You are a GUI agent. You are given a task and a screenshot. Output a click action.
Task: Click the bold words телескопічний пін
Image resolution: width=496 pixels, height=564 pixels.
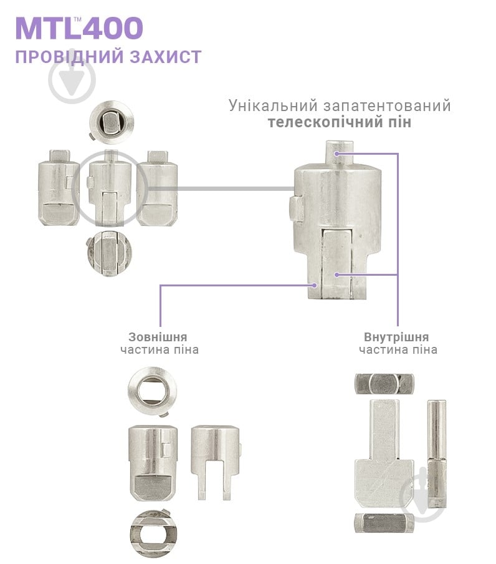(340, 122)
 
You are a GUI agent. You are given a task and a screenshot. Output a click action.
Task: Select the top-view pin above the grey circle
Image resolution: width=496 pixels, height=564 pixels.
(111, 120)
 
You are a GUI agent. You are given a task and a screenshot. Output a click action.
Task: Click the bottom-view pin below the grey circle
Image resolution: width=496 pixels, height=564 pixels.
(111, 253)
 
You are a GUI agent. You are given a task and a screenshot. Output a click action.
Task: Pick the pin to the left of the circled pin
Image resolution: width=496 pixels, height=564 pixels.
(59, 187)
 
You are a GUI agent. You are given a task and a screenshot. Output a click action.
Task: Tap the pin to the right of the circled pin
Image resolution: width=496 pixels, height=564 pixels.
(157, 187)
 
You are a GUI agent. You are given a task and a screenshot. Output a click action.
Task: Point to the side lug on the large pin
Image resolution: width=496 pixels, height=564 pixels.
(294, 208)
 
